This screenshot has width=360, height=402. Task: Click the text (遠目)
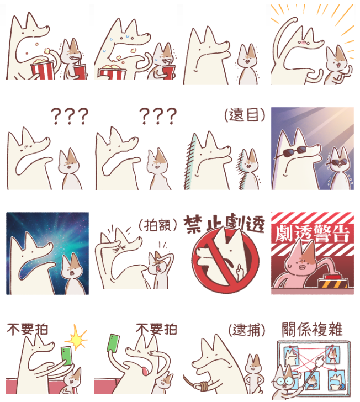pyautogui.click(x=245, y=115)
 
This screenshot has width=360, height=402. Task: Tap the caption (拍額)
pyautogui.click(x=158, y=225)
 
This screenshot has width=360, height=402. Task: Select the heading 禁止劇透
pyautogui.click(x=224, y=224)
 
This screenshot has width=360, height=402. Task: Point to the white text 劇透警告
pyautogui.click(x=313, y=233)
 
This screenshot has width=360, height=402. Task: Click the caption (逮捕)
pyautogui.click(x=247, y=330)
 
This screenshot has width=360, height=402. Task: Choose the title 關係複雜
pyautogui.click(x=313, y=329)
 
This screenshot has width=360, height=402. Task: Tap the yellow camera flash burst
pyautogui.click(x=76, y=337)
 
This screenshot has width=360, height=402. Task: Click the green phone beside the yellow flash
pyautogui.click(x=67, y=356)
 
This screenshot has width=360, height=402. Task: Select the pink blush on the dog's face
pyautogui.click(x=303, y=43)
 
